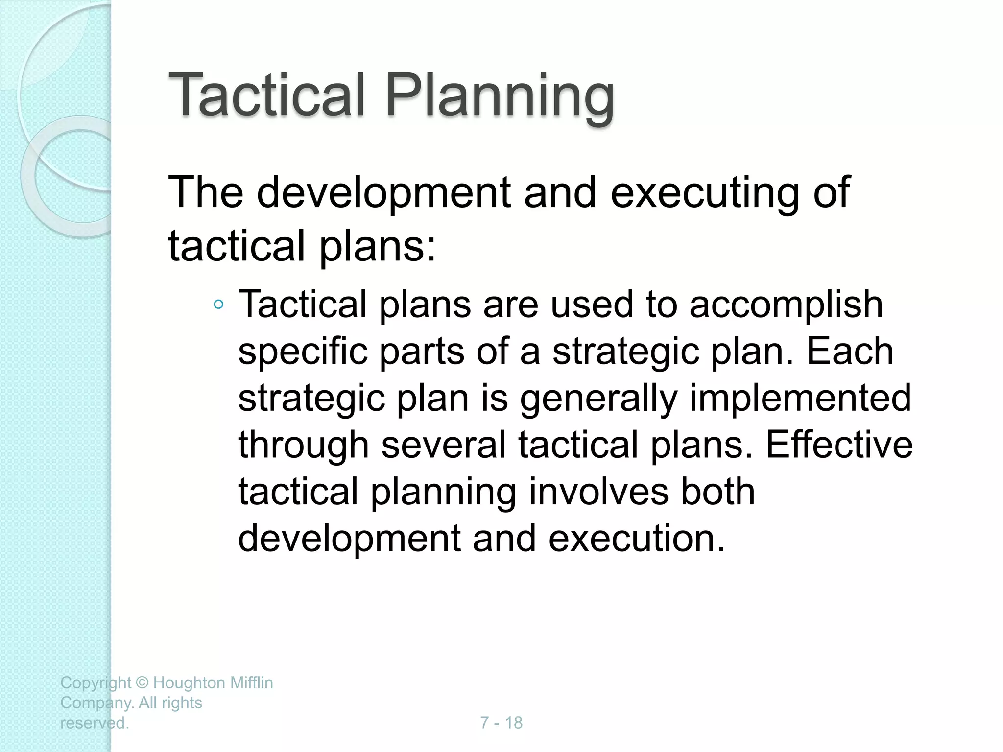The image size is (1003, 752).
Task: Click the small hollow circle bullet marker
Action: click(x=218, y=305)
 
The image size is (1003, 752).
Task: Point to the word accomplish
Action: click(x=786, y=305)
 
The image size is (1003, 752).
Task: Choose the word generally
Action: click(x=598, y=399)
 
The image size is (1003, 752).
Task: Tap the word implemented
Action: click(x=800, y=398)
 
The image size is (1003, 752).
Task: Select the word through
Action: click(x=303, y=445)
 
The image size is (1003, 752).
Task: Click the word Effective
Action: click(x=839, y=445)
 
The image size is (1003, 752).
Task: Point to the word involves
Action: click(x=598, y=492)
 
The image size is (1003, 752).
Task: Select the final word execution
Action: click(x=636, y=538)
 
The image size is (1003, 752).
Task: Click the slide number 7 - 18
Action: click(x=501, y=723)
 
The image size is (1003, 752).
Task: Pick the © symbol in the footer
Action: click(x=142, y=682)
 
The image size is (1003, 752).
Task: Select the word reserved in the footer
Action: click(x=94, y=723)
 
